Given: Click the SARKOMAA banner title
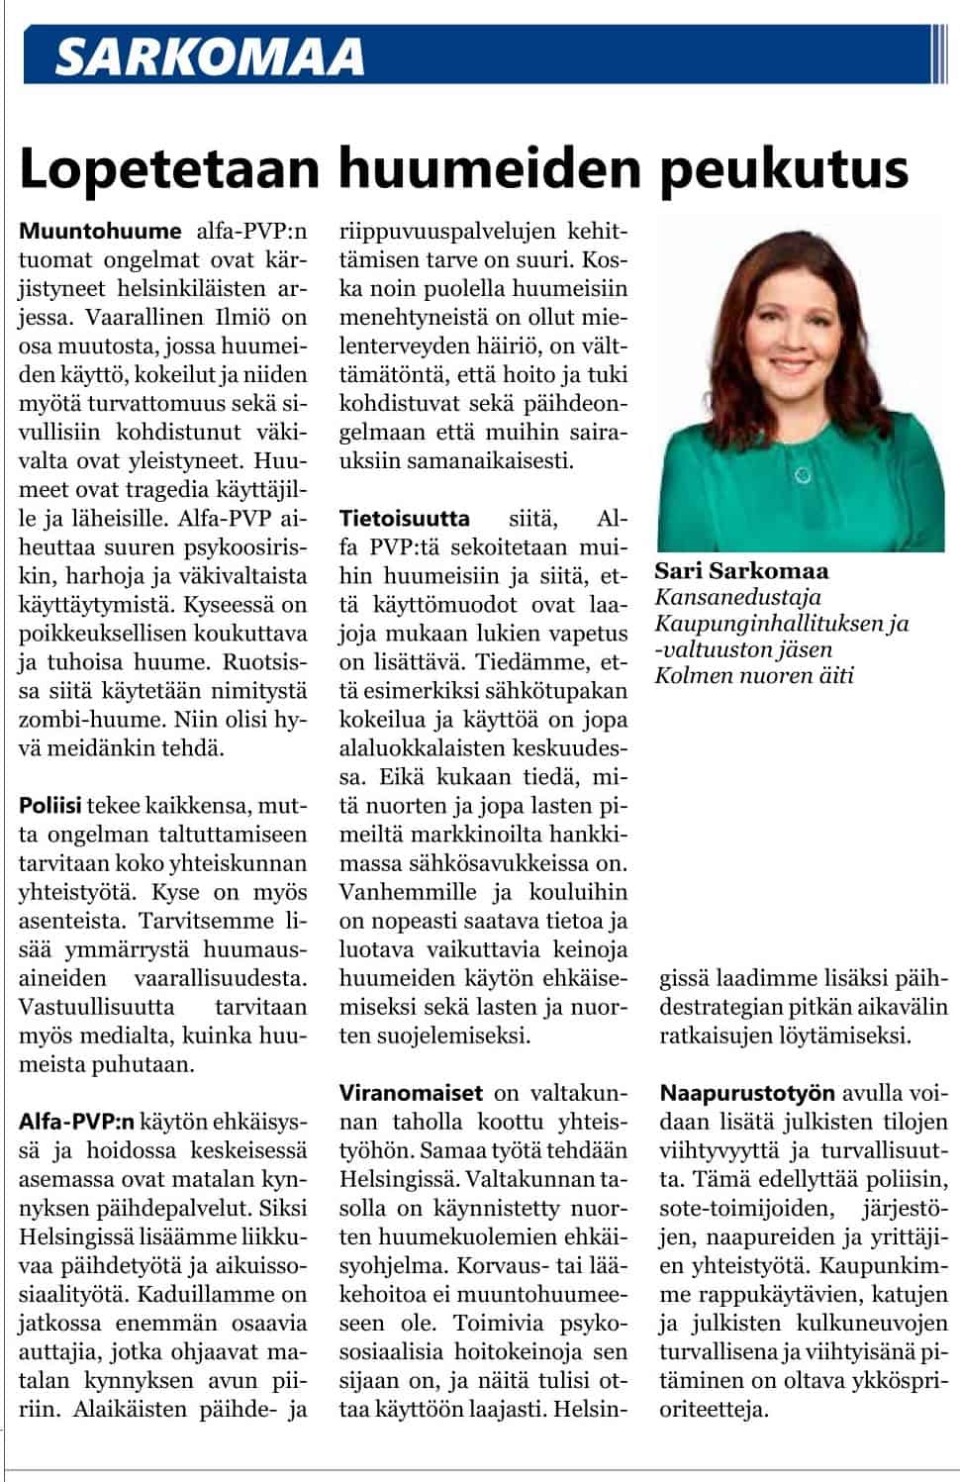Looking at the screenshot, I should pyautogui.click(x=210, y=56).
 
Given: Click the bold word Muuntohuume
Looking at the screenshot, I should pyautogui.click(x=100, y=231).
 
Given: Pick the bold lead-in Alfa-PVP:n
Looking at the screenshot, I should pyautogui.click(x=75, y=1122).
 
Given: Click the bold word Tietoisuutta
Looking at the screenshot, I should pyautogui.click(x=404, y=518).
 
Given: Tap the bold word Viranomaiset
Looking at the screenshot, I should pyautogui.click(x=411, y=1093).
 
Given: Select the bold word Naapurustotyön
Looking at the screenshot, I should pyautogui.click(x=748, y=1093).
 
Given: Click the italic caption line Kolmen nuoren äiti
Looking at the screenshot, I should pyautogui.click(x=753, y=675).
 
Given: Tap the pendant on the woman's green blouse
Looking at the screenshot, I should pyautogui.click(x=803, y=476).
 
